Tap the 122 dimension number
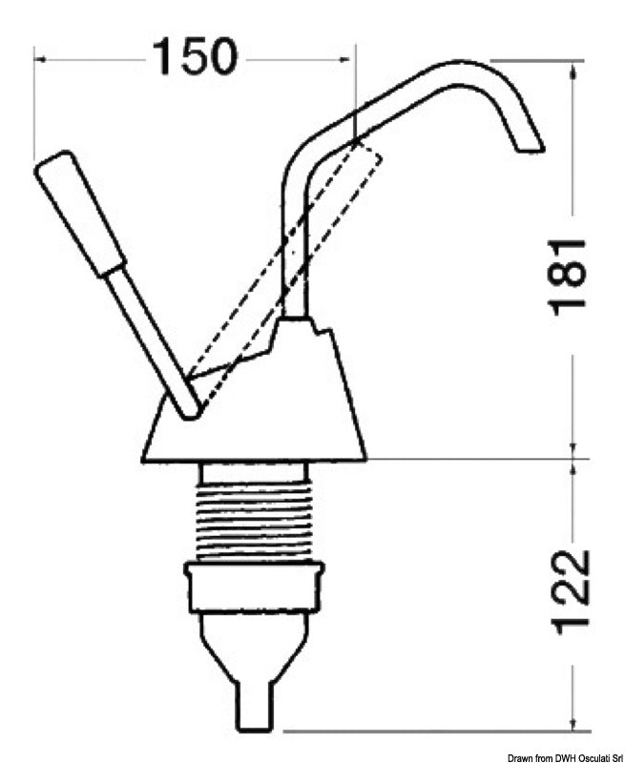pyautogui.click(x=570, y=591)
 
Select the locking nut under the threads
pyautogui.click(x=254, y=588)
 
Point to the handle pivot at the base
pyautogui.click(x=189, y=408)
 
